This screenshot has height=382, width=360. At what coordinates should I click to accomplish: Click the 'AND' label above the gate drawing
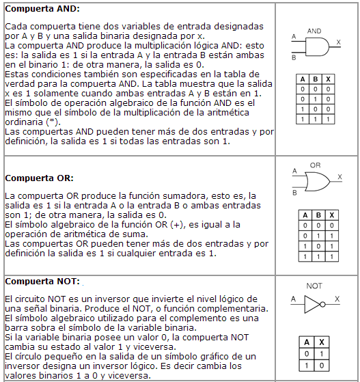point(314,31)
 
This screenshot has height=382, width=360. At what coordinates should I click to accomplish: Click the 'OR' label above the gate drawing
point(315,165)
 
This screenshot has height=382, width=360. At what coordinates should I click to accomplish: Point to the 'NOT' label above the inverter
point(314,286)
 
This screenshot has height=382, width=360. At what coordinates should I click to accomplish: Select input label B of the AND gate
point(294,57)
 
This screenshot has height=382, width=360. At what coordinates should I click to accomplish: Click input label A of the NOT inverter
point(293,299)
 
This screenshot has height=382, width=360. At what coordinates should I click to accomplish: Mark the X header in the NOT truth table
point(322,342)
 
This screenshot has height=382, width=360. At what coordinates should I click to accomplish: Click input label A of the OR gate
point(294,171)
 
